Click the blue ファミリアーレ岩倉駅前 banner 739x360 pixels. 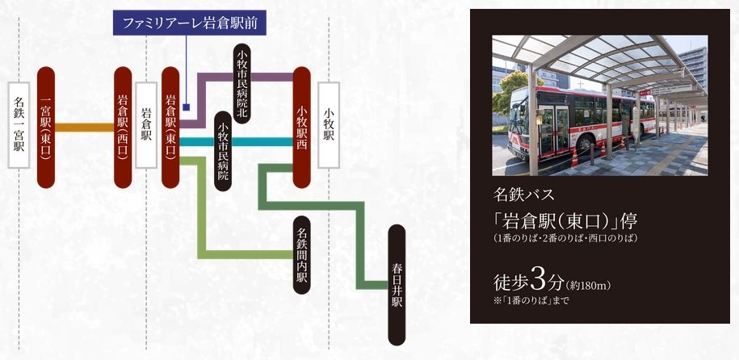190,23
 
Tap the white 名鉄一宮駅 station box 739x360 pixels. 19,125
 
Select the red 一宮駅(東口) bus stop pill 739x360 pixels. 46,128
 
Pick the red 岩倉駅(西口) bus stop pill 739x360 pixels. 123,128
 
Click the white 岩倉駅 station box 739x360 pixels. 146,125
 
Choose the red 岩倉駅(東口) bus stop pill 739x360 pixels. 170,128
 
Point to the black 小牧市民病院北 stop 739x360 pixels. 242,83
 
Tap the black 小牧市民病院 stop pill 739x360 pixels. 223,151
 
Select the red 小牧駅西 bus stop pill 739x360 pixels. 301,128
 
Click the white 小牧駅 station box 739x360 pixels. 329,125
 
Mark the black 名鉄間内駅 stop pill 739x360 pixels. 301,255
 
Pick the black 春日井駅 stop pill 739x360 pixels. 397,285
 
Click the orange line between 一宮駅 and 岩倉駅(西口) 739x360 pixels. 84,128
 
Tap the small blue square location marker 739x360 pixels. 187,107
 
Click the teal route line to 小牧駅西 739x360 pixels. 236,142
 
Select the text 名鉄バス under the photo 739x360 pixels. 524,194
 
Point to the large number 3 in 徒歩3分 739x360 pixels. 538,279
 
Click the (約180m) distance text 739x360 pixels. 588,285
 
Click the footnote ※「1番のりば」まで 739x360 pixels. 531,300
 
